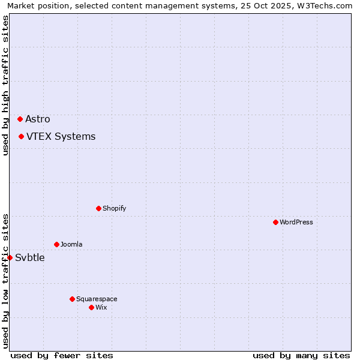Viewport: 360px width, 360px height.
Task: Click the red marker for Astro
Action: [x=20, y=119]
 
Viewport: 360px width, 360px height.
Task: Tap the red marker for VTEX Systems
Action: [x=21, y=136]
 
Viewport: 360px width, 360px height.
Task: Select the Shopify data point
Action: [x=98, y=208]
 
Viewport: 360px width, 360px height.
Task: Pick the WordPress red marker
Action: [x=275, y=222]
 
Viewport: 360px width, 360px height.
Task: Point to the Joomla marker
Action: [x=56, y=244]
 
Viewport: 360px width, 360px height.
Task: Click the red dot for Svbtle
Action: [x=10, y=257]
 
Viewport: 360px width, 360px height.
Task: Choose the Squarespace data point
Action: [x=72, y=299]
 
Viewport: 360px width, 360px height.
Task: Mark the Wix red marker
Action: [x=91, y=307]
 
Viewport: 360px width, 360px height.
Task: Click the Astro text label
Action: [x=38, y=119]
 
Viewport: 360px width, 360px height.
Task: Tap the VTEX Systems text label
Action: [x=61, y=136]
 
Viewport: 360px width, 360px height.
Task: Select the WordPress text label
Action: [x=296, y=222]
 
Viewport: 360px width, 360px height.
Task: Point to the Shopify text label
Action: [x=114, y=208]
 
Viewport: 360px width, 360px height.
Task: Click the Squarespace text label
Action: [x=97, y=299]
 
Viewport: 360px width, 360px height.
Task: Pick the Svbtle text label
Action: [x=30, y=257]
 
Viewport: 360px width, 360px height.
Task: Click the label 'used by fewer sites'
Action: [x=62, y=355]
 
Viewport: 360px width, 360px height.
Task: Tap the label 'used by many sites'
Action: [x=301, y=355]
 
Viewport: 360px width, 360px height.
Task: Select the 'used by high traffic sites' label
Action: [x=5, y=85]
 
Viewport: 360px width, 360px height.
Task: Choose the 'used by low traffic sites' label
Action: [x=5, y=281]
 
